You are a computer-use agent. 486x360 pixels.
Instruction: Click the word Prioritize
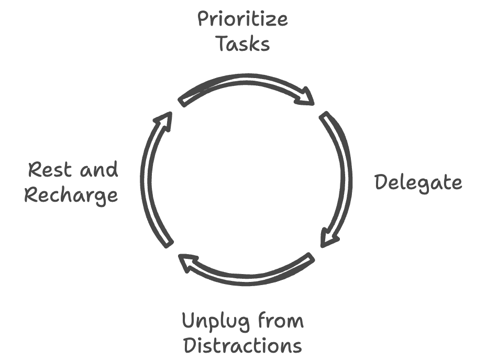[x=242, y=20]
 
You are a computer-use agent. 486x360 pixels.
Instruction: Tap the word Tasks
[x=243, y=44]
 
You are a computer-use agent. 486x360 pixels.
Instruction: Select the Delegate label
[x=418, y=182]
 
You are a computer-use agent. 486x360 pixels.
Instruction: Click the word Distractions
[x=243, y=345]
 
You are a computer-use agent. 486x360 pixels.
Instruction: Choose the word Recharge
[x=71, y=195]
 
